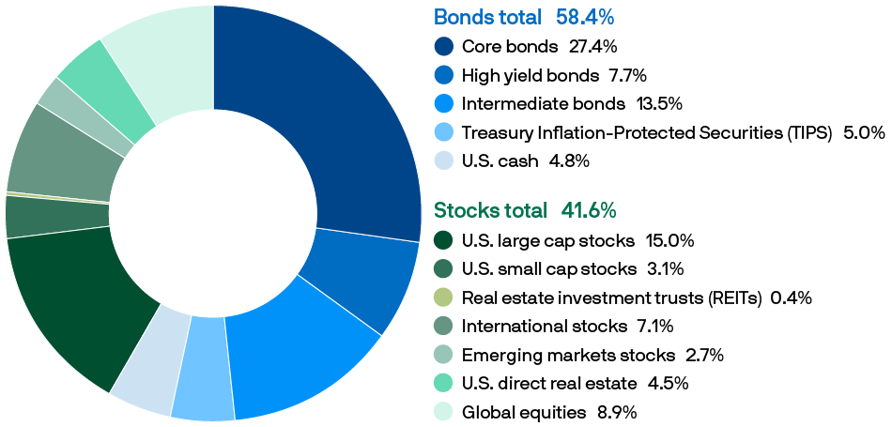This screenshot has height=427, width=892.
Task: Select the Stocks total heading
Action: (489, 210)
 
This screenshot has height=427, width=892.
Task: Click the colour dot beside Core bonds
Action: (444, 46)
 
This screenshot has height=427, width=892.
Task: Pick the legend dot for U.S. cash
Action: (444, 160)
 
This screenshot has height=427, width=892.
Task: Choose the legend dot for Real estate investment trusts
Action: (444, 298)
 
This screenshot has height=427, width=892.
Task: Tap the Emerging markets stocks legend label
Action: (567, 355)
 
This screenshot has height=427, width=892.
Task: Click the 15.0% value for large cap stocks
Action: (669, 240)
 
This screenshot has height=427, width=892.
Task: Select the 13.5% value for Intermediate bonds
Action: (659, 103)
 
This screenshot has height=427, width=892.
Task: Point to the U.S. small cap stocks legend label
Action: (548, 269)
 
